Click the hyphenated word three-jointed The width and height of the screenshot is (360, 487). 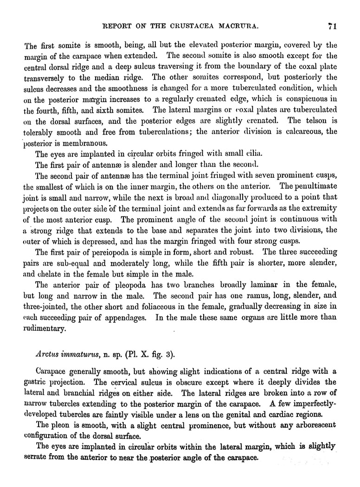[47, 308]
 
